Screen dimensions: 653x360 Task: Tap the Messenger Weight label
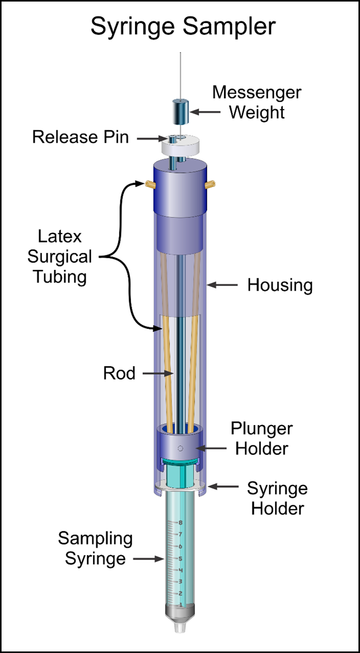(256, 102)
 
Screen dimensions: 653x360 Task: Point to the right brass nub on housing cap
(212, 183)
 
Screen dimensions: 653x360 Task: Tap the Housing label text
(279, 286)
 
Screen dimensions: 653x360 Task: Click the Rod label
(119, 373)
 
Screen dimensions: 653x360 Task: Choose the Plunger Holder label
(261, 439)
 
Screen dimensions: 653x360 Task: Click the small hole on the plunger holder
(180, 447)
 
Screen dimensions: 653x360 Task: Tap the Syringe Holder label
(277, 498)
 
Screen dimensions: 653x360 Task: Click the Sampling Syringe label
(95, 549)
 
